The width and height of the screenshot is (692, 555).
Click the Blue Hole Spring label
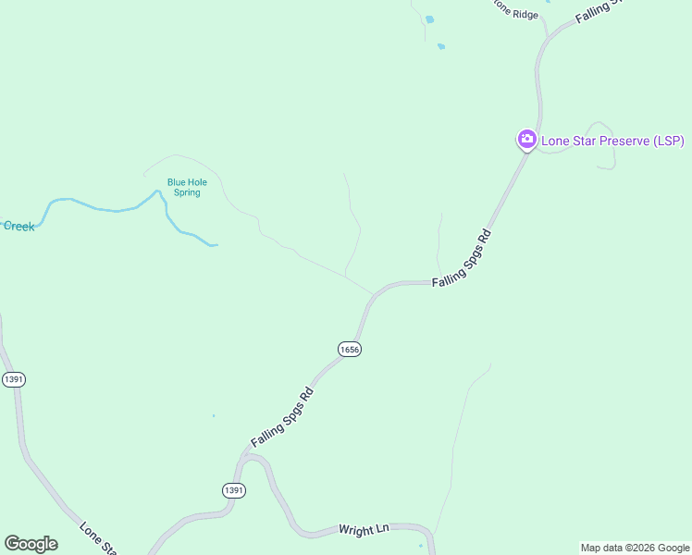[x=186, y=187]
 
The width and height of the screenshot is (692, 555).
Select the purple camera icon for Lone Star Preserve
[x=526, y=140]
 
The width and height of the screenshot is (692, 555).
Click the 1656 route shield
[x=349, y=349]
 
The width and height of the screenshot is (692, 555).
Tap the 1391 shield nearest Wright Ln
[x=234, y=489]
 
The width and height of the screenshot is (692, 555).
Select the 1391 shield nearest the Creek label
[x=13, y=379]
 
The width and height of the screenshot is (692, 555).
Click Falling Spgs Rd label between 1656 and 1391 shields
[x=282, y=418]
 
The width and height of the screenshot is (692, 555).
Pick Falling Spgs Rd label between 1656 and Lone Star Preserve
[x=461, y=263]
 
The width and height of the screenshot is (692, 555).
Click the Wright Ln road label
[x=364, y=530]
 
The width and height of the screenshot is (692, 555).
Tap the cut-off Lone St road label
[x=98, y=538]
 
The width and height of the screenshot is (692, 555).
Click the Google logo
[x=31, y=544]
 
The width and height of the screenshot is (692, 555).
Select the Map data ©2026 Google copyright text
[x=634, y=548]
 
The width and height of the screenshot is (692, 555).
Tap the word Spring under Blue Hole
[x=186, y=192]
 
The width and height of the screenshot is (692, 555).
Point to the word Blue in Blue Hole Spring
[x=176, y=182]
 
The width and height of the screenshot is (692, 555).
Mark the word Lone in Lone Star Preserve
[x=555, y=141]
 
